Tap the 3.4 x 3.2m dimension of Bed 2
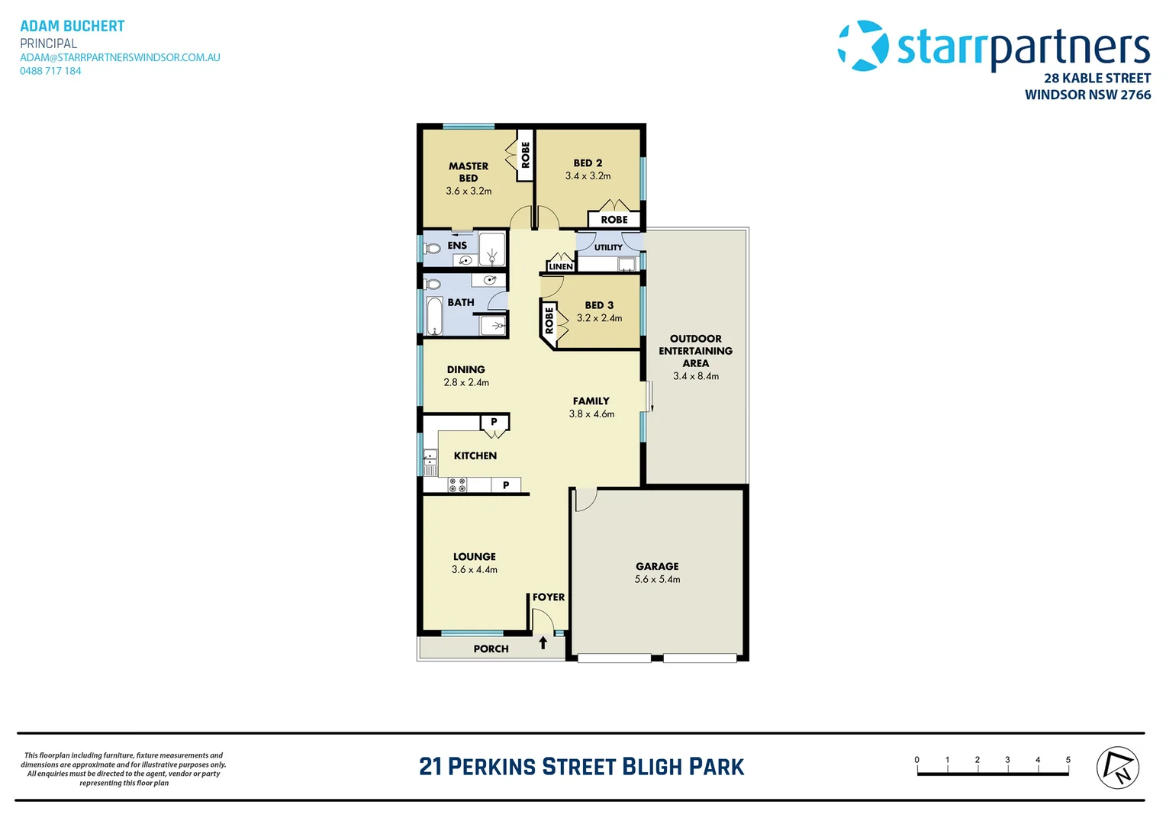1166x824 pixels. (x=588, y=176)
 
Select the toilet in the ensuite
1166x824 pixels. (x=433, y=248)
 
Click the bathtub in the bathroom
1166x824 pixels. (x=434, y=316)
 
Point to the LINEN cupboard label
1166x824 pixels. (x=560, y=266)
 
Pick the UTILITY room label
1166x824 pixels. (x=608, y=247)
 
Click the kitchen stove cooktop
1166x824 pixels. (x=457, y=485)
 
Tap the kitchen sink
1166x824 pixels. (x=430, y=459)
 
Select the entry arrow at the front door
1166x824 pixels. (x=543, y=643)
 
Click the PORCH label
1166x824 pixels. (x=491, y=649)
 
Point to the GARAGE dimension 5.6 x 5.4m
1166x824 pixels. (x=657, y=580)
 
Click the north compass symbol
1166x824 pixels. (x=1117, y=768)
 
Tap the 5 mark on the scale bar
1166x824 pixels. (x=1068, y=760)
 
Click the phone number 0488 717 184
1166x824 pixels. (x=50, y=71)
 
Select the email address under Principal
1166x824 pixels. (x=120, y=57)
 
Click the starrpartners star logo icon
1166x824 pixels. (x=863, y=46)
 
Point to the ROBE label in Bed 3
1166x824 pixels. (x=549, y=319)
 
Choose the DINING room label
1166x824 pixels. (x=465, y=369)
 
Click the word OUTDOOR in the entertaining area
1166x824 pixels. (x=695, y=339)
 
